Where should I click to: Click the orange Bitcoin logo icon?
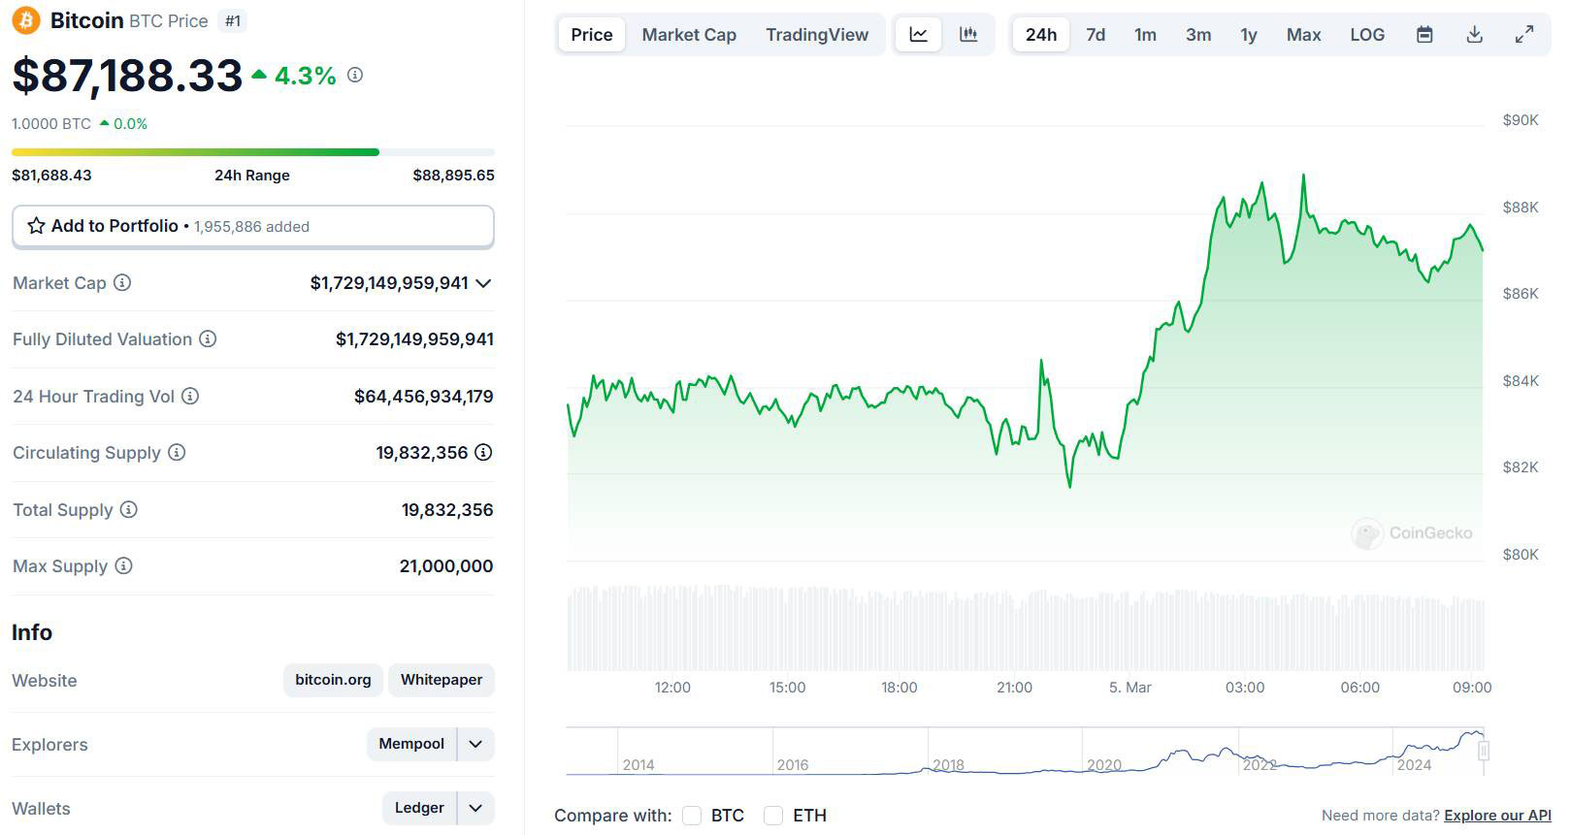coord(26,20)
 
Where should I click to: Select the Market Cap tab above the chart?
coord(689,35)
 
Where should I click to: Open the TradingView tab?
coord(816,35)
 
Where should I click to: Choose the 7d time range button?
coord(1096,35)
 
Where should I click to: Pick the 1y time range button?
coord(1248,35)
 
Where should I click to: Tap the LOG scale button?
coord(1366,35)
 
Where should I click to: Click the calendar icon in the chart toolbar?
coord(1424,35)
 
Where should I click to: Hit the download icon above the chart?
coord(1474,35)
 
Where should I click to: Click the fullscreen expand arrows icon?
coord(1524,35)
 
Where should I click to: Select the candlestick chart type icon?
coord(967,35)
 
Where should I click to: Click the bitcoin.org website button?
coord(333,680)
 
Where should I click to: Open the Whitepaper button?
coord(442,680)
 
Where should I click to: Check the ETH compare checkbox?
coord(773,816)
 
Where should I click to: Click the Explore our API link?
coord(1497,816)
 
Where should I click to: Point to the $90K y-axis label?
coord(1520,120)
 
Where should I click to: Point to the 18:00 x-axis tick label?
coord(899,688)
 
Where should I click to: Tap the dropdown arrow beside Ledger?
coord(475,808)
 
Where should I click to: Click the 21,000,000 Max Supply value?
coord(445,566)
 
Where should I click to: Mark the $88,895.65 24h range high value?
coord(453,176)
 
